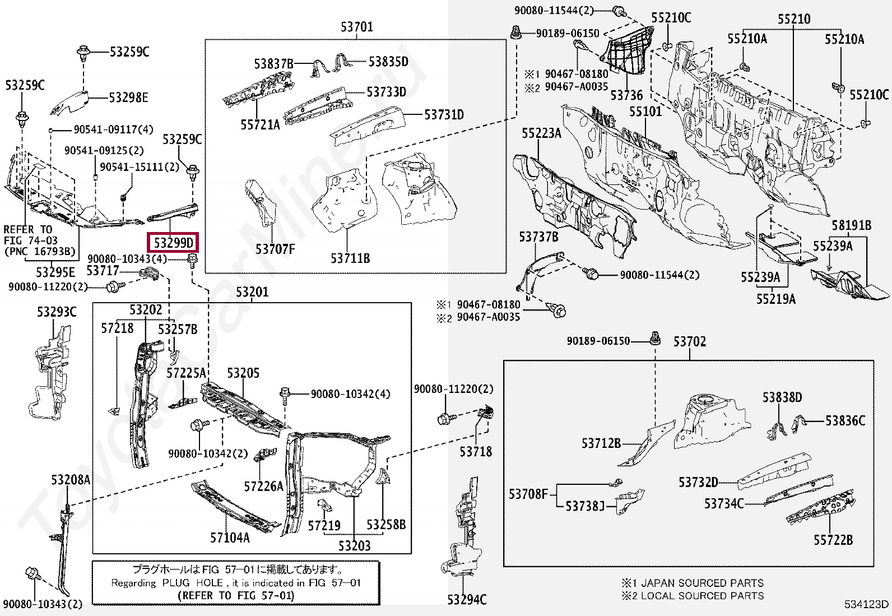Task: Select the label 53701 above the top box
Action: (356, 27)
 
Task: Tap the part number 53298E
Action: (128, 98)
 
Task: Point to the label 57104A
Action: (230, 538)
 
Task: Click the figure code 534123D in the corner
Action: (867, 604)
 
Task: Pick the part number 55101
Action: (645, 112)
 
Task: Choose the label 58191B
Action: (851, 226)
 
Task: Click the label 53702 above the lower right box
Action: (689, 341)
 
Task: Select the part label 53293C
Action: (57, 312)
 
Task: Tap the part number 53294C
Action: (467, 600)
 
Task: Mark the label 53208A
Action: (71, 480)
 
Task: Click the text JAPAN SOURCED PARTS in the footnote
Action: (702, 583)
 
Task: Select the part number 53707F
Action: (275, 249)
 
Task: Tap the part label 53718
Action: (476, 451)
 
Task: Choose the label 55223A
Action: (541, 133)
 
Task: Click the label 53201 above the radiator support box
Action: (252, 292)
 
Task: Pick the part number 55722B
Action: (833, 540)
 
